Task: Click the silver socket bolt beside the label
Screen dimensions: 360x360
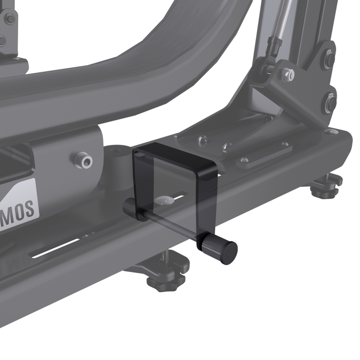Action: click(83, 161)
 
